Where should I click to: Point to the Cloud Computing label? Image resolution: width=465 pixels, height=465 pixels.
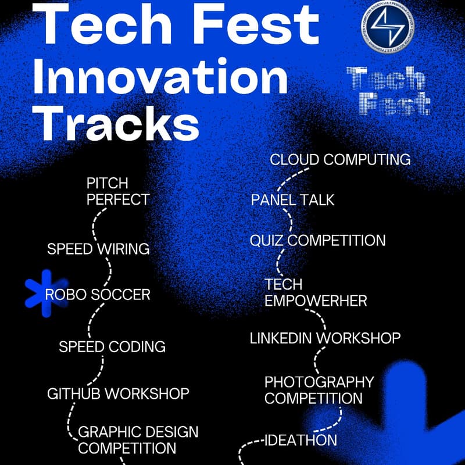[x=341, y=159]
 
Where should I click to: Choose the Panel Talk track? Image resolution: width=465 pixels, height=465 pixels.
[x=293, y=200]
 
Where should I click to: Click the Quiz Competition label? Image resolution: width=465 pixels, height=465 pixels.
[x=317, y=240]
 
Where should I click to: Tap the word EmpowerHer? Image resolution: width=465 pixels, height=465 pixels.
[x=316, y=301]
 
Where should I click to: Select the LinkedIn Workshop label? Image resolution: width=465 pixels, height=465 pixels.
[x=325, y=338]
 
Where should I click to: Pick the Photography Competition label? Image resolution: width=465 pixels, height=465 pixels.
[x=319, y=390]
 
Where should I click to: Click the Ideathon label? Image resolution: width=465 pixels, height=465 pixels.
[x=301, y=439]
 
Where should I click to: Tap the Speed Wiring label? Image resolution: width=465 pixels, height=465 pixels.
[x=98, y=249]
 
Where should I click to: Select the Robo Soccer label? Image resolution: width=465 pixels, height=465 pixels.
[x=98, y=294]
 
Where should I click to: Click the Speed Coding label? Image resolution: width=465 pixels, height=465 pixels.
[x=112, y=347]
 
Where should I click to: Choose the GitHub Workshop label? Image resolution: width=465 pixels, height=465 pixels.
[x=118, y=394]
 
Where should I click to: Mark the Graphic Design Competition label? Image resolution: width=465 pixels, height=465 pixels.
[x=138, y=440]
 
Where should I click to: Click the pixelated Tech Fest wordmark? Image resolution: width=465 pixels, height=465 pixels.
[x=388, y=90]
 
